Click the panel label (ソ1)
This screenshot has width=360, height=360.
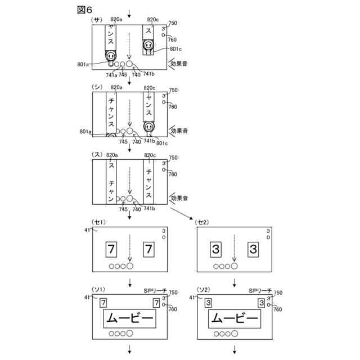pyautogui.click(x=98, y=290)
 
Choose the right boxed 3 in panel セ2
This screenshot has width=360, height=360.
pyautogui.click(x=253, y=248)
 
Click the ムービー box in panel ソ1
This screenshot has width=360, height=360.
pyautogui.click(x=129, y=319)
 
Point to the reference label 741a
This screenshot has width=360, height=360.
pyautogui.click(x=112, y=74)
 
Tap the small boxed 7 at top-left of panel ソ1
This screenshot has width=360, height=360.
pyautogui.click(x=103, y=303)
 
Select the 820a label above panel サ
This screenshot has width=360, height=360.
pyautogui.click(x=117, y=20)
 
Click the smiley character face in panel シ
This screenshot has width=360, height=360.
pyautogui.click(x=148, y=127)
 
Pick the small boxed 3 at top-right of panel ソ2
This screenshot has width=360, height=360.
pyautogui.click(x=261, y=303)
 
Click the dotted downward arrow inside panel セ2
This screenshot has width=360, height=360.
pyautogui.click(x=234, y=247)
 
